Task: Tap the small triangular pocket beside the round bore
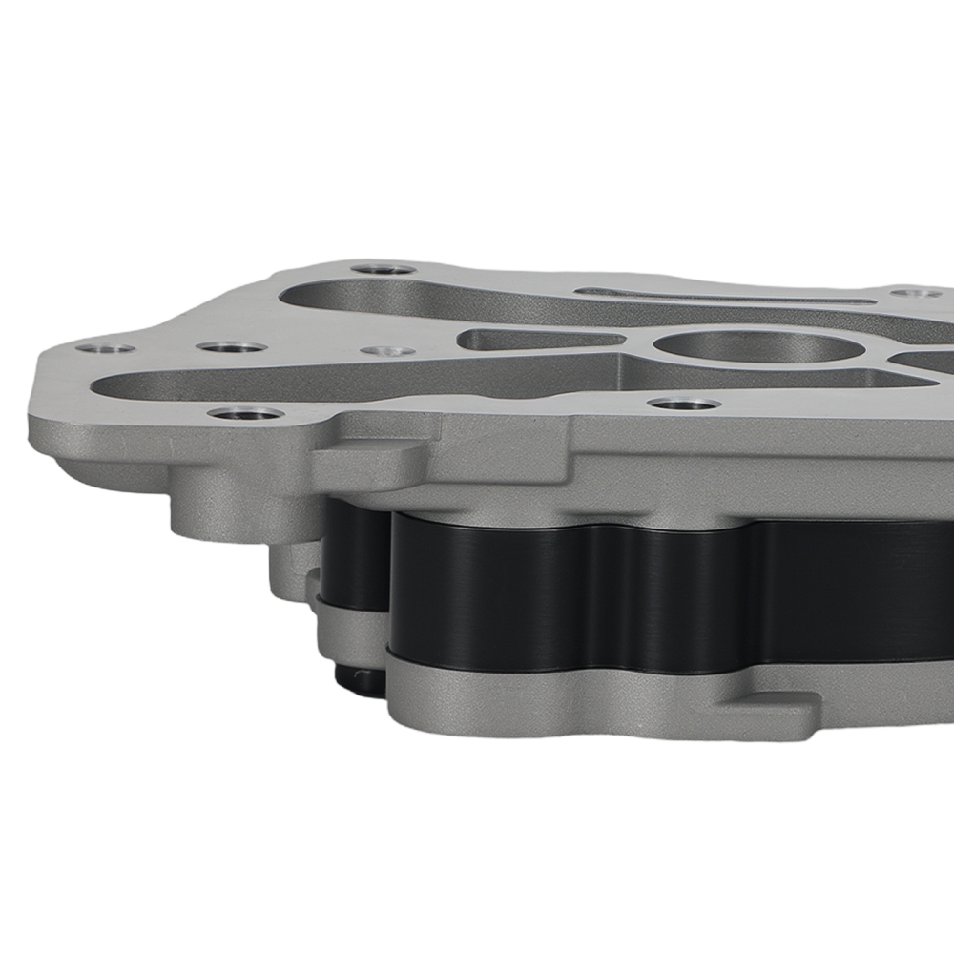click(534, 339)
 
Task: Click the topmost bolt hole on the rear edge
click(383, 269)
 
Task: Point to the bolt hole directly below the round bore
click(683, 404)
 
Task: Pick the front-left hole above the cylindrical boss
click(245, 414)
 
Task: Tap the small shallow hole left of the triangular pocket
click(387, 351)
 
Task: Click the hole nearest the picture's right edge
click(914, 293)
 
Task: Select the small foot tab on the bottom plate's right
click(773, 711)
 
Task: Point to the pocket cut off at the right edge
click(925, 361)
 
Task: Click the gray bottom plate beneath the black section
click(572, 701)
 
